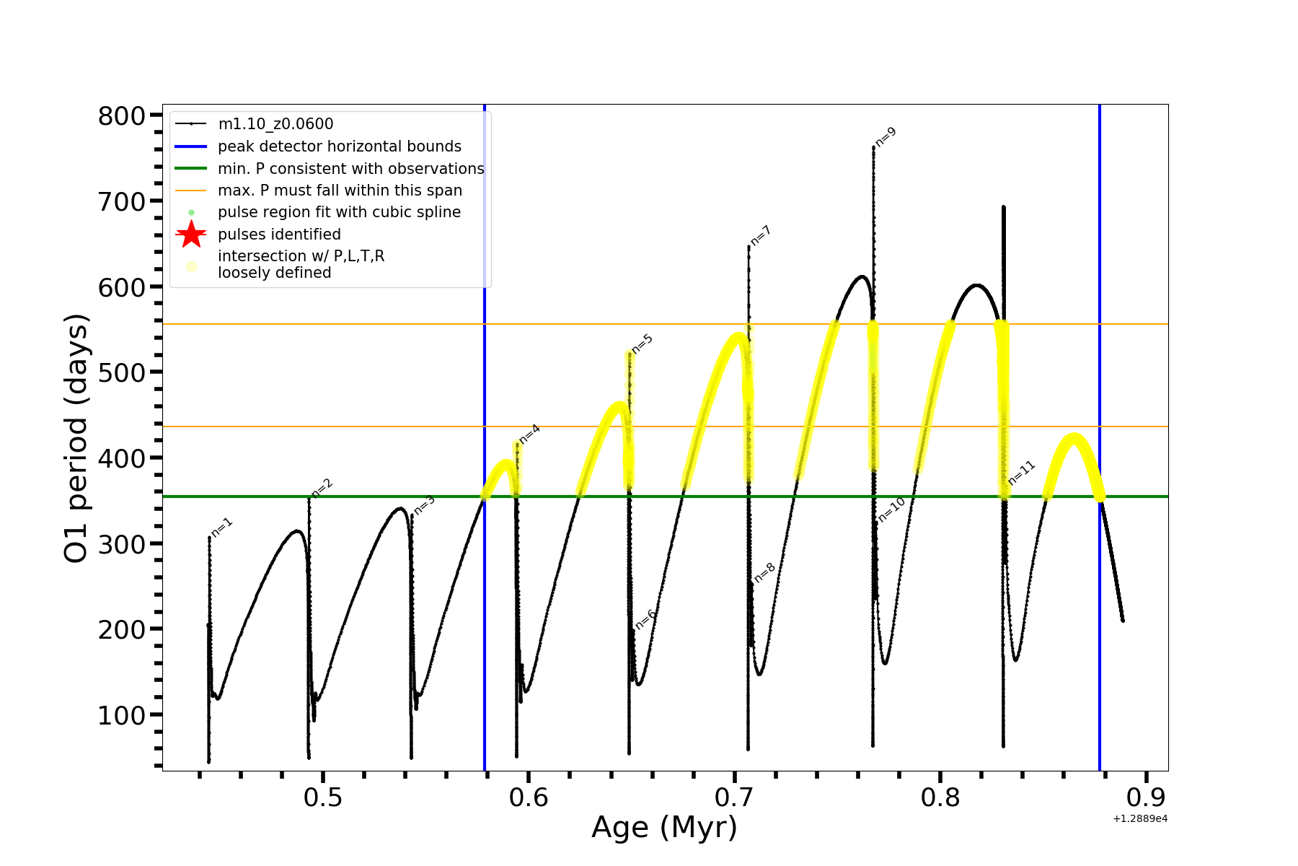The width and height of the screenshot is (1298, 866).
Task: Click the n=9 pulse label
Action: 886,136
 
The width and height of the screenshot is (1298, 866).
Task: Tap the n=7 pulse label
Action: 761,235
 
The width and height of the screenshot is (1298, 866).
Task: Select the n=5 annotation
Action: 642,344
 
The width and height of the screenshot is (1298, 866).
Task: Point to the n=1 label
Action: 221,528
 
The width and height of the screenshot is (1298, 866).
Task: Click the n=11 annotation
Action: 1022,473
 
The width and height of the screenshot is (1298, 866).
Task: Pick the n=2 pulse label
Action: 322,489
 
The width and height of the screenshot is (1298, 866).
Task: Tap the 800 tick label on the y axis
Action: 122,116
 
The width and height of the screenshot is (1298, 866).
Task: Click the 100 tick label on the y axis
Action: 122,715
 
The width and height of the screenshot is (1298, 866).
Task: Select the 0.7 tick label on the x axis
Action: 734,797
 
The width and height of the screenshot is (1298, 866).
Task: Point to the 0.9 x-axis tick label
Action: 1145,797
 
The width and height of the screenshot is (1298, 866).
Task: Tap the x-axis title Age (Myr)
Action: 664,828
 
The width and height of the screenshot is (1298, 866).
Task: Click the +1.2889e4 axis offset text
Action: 1139,819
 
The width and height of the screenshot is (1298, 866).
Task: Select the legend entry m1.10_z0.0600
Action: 275,124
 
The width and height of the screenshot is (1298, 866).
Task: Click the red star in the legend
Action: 191,235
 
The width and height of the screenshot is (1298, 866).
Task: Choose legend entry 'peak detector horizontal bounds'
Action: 339,146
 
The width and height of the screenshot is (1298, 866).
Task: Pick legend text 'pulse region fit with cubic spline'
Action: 339,212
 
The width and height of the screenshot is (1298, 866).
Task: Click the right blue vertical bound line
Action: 1099,577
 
